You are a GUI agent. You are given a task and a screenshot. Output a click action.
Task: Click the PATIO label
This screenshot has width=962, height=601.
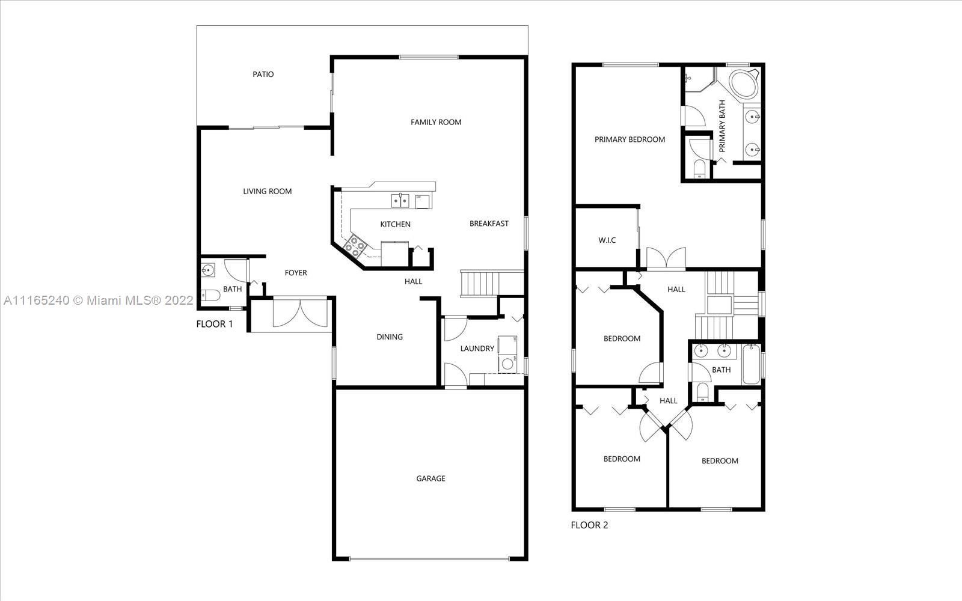coord(263,75)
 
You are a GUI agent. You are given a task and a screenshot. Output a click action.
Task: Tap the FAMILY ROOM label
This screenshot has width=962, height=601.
coord(436,123)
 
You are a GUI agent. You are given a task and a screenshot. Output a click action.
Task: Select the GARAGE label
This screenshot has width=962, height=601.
coord(430,478)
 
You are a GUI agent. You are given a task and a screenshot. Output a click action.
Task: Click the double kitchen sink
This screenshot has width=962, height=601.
coord(400,201)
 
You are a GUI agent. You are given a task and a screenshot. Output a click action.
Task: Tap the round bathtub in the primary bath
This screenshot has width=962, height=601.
coord(744,84)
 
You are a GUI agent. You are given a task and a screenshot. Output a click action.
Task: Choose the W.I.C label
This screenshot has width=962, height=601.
coord(607,240)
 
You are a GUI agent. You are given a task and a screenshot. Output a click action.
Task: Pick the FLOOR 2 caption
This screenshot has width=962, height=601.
coord(589,525)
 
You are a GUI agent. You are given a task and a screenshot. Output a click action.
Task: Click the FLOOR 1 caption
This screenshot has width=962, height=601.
coord(214,324)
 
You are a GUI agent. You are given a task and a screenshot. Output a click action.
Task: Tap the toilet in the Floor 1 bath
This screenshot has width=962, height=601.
coord(210,295)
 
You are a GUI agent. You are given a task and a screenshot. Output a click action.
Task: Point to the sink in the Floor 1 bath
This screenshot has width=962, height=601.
coord(208,270)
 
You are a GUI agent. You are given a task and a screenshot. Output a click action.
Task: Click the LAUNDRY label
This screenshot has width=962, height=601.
coord(477,349)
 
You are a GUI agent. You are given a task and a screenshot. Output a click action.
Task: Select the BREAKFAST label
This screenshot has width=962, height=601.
coord(489,224)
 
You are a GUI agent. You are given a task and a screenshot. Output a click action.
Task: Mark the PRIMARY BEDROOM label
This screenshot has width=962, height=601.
coord(630,139)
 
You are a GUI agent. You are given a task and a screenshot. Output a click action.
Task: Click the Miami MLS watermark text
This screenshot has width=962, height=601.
coord(99,300)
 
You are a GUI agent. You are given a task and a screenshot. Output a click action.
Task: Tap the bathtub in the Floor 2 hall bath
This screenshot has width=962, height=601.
coord(751,364)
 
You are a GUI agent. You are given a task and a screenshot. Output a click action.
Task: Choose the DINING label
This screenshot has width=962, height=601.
coord(390,337)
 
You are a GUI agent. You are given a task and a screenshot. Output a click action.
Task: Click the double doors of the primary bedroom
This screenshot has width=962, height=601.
coord(666,258)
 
